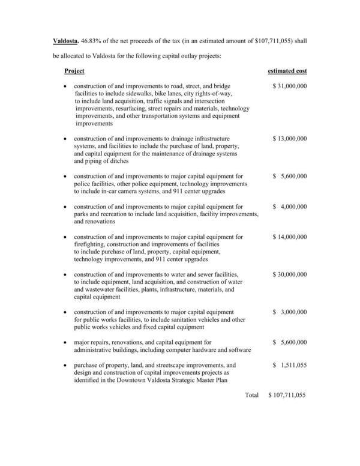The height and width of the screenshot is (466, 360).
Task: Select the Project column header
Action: pos(74,71)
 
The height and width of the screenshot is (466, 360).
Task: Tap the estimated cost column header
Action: pos(287,71)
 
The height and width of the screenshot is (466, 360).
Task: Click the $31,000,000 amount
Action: pos(289,86)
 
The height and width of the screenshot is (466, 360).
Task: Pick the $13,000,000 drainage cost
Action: pos(289,138)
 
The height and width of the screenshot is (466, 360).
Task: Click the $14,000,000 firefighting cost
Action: pos(289,237)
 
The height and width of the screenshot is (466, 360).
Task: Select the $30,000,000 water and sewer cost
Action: pos(289,274)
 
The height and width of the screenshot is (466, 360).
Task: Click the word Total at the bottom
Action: pos(251,395)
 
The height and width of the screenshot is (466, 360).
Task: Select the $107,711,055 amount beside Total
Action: pos(287,395)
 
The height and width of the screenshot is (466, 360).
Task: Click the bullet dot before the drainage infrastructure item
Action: pos(65,139)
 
